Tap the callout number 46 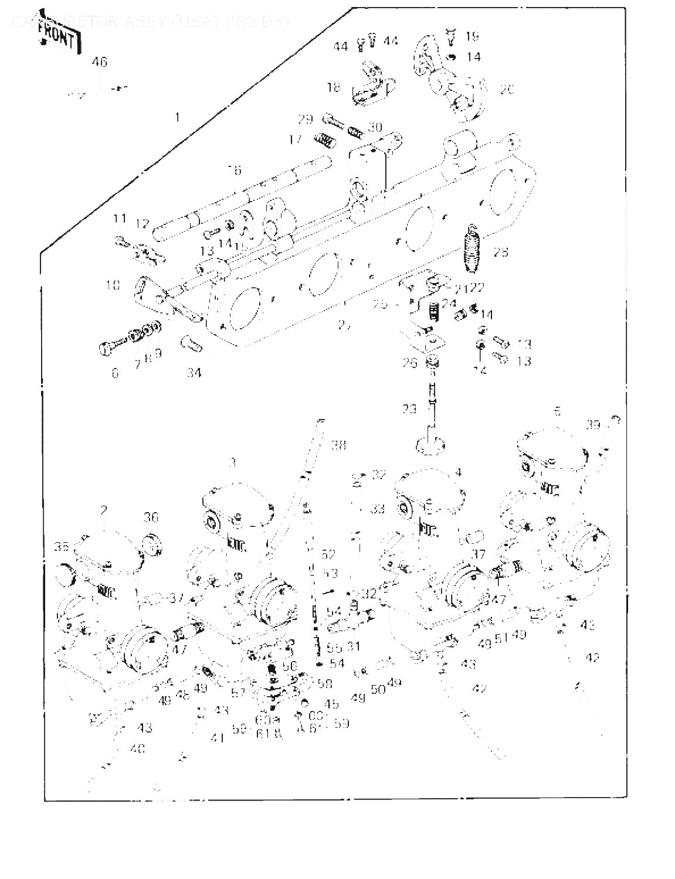click(100, 62)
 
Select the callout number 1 click(177, 118)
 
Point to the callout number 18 click(334, 88)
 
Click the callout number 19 click(472, 36)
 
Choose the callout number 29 click(305, 120)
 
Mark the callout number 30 click(375, 127)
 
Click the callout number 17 click(295, 139)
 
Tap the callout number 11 click(120, 219)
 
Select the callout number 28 click(501, 253)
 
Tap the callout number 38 click(338, 445)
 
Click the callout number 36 click(151, 517)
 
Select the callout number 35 click(62, 547)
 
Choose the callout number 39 click(593, 425)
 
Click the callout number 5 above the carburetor click(558, 412)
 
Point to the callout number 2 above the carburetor click(104, 510)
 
